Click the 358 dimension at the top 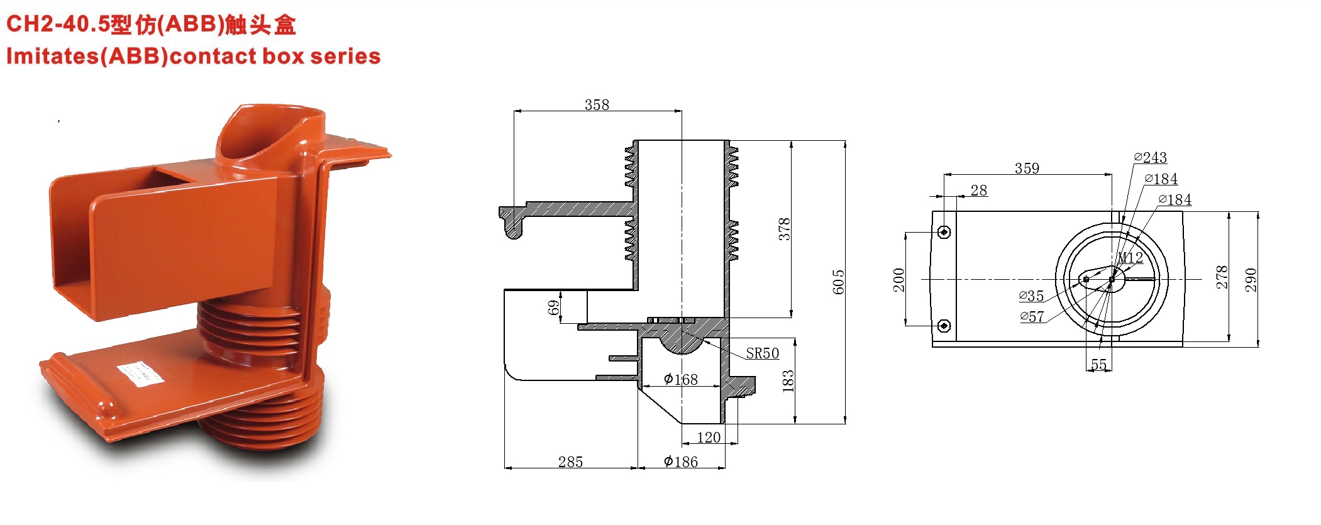pyautogui.click(x=597, y=104)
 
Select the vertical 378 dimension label pyautogui.click(x=784, y=229)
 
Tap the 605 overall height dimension pyautogui.click(x=838, y=282)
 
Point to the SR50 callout pyautogui.click(x=763, y=353)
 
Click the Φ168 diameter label pyautogui.click(x=681, y=379)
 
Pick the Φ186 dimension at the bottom pyautogui.click(x=681, y=461)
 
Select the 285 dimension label pyautogui.click(x=570, y=461)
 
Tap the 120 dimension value pyautogui.click(x=709, y=437)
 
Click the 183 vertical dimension pyautogui.click(x=788, y=382)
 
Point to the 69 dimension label pyautogui.click(x=553, y=307)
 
